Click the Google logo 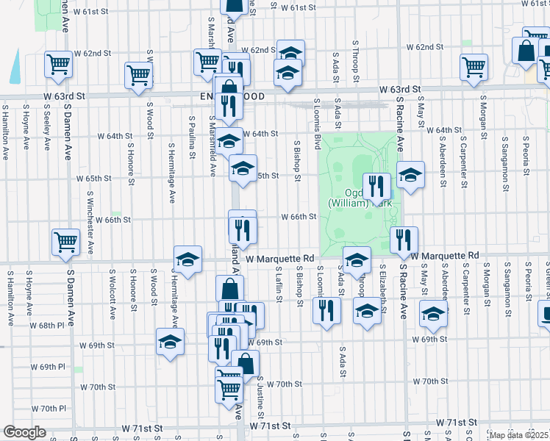click(x=24, y=432)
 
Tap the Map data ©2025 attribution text click(x=518, y=435)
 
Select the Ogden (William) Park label click(x=351, y=195)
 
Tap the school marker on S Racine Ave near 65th click(x=410, y=175)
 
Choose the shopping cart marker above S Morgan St click(x=474, y=67)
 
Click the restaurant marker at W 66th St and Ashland click(x=242, y=229)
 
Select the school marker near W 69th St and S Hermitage click(x=170, y=342)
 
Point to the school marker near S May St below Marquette click(x=434, y=314)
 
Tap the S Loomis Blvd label click(x=317, y=121)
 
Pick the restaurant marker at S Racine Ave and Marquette click(x=404, y=238)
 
